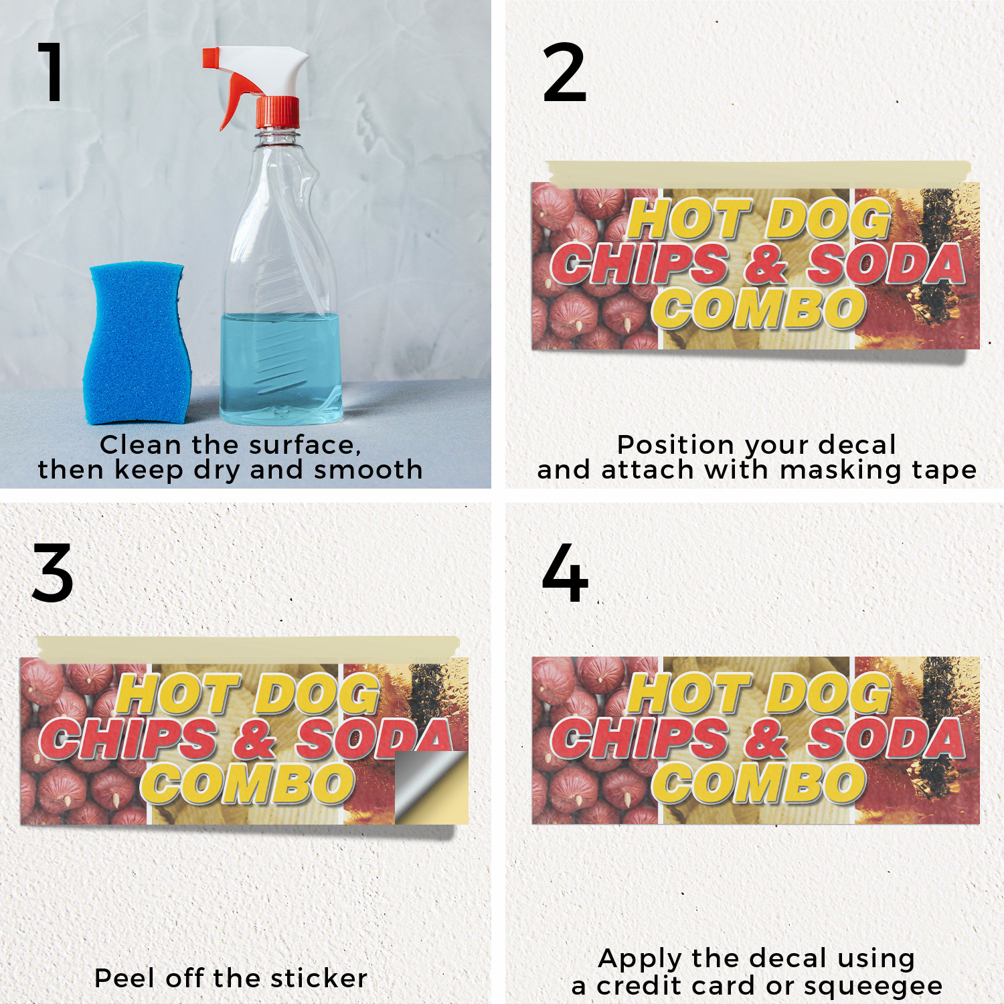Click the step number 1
click(x=52, y=72)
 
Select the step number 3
click(x=53, y=573)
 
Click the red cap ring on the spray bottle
click(x=278, y=112)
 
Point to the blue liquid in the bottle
click(x=281, y=368)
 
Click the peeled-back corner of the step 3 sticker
click(x=431, y=787)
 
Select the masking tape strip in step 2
click(x=758, y=173)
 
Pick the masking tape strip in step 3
click(x=248, y=647)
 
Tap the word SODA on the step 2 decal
click(x=886, y=264)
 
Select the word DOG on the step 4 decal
click(x=829, y=693)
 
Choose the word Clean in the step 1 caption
click(x=141, y=445)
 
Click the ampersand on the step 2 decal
click(x=766, y=264)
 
